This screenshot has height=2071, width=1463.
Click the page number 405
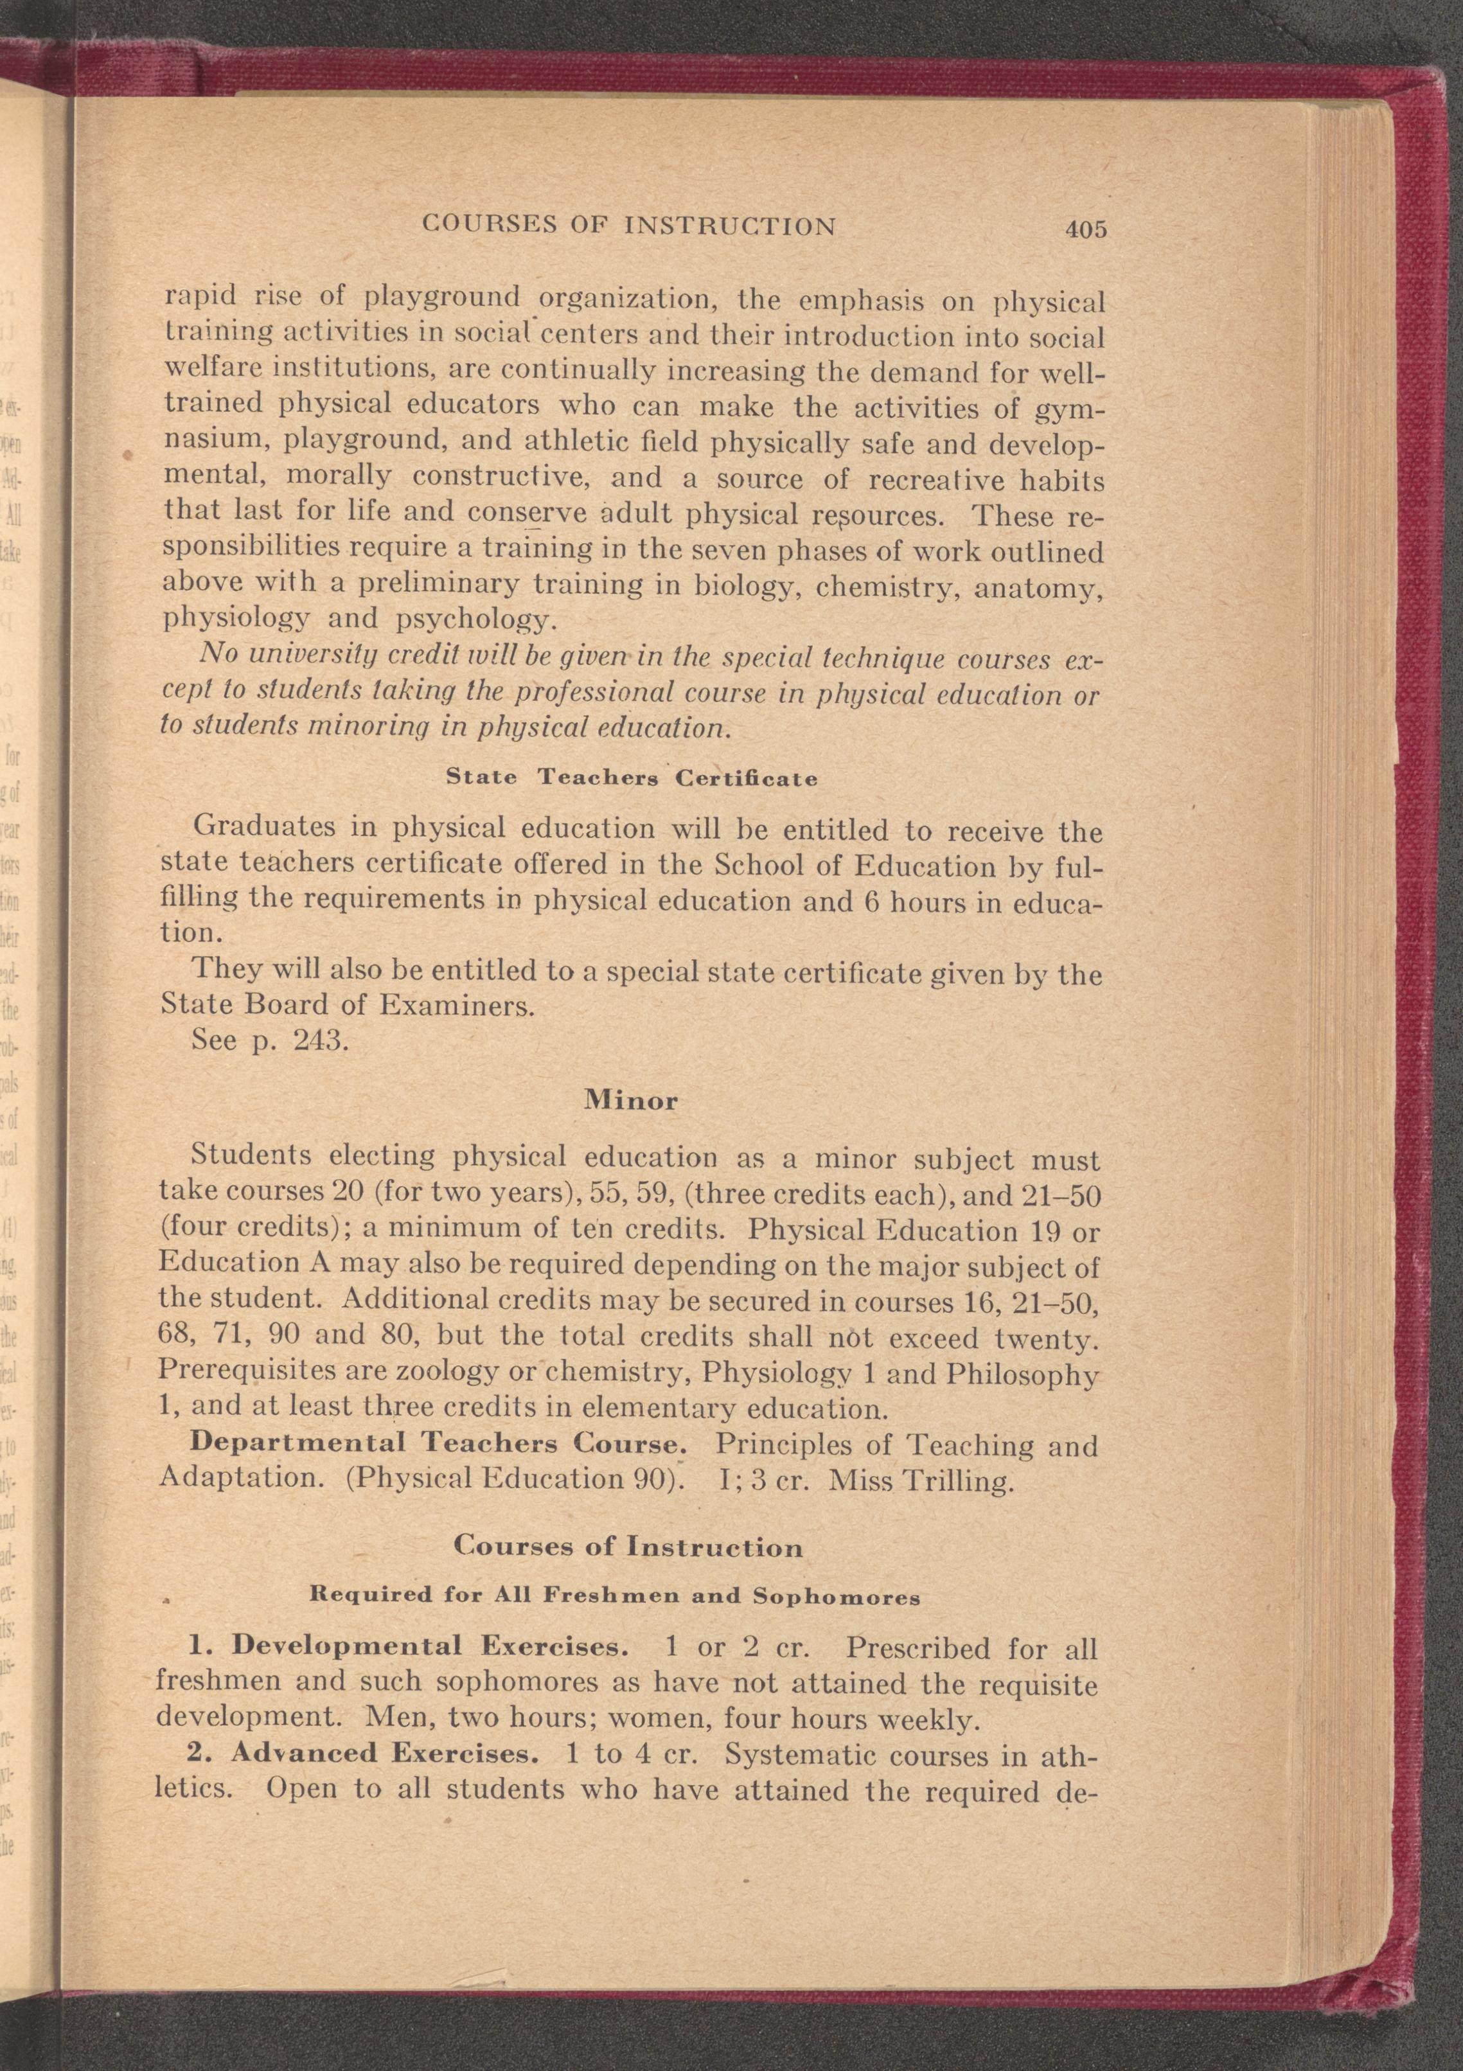tap(1085, 229)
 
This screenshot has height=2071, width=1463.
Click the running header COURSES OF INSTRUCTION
tap(628, 225)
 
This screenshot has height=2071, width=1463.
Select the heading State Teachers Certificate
tap(632, 778)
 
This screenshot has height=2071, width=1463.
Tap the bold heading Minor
tap(630, 1101)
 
